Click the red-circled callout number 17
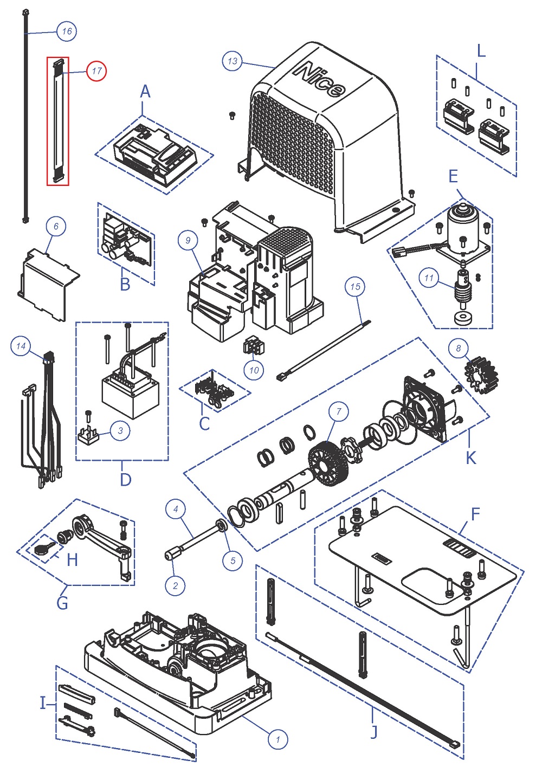tap(97, 71)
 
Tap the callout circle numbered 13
tap(233, 61)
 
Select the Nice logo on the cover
tap(319, 80)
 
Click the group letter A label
tap(145, 92)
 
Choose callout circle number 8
tap(459, 348)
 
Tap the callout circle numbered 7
tap(339, 412)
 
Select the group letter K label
tap(470, 457)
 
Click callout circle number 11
tap(429, 278)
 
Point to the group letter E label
tap(453, 176)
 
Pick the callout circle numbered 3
tap(120, 431)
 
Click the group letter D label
tap(125, 480)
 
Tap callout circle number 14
tap(21, 346)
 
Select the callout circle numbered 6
tap(56, 226)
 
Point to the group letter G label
tap(62, 602)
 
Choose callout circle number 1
tap(278, 739)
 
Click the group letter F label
tap(475, 514)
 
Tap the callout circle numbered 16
tap(67, 31)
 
